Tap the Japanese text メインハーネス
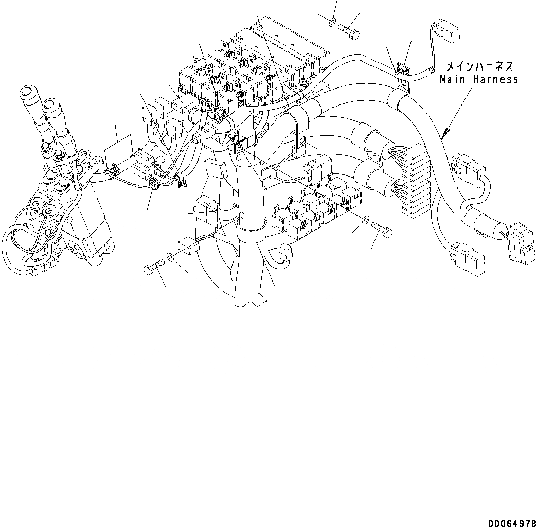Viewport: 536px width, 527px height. (478, 66)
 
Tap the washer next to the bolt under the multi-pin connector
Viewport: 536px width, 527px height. (365, 221)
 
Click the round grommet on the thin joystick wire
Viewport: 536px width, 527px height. (153, 183)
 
